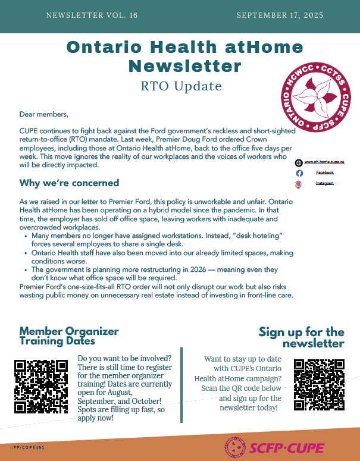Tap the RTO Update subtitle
[x=181, y=86]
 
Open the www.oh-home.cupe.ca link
[x=324, y=162]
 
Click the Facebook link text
[x=324, y=173]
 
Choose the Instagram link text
[x=324, y=183]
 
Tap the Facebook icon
[x=299, y=173]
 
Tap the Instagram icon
[x=299, y=184]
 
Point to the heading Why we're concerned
[x=69, y=183]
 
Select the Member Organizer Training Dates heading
[x=69, y=336]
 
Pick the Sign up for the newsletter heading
[x=301, y=337]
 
